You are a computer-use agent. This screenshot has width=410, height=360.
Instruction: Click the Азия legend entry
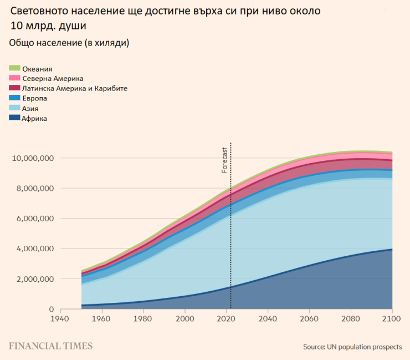tap(30, 108)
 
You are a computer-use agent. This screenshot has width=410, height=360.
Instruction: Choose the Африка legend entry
tap(34, 118)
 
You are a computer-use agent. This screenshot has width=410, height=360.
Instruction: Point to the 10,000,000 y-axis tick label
tap(33, 158)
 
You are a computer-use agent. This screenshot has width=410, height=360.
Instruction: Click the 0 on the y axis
tap(51, 309)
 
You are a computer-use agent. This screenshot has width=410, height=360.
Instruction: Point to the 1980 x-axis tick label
tap(143, 319)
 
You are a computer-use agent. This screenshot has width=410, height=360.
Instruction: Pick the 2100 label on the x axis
tap(392, 319)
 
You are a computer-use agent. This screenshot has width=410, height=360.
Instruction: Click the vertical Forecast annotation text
tap(224, 160)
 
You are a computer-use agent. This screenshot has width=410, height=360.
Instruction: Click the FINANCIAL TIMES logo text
tap(50, 346)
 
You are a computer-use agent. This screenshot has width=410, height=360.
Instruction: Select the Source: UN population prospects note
tap(352, 347)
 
